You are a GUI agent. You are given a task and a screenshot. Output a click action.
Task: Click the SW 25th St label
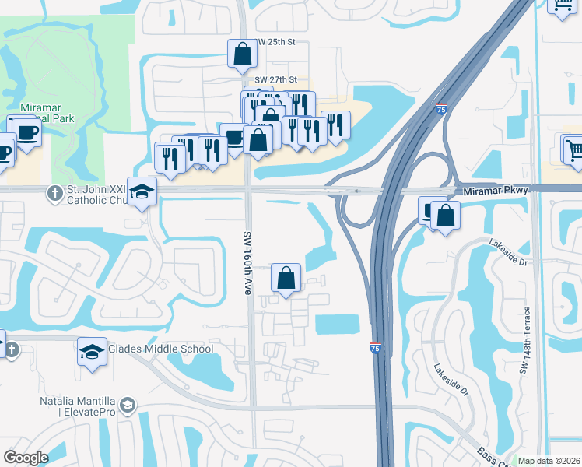pos(276,42)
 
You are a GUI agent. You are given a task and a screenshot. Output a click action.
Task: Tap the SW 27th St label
pos(276,79)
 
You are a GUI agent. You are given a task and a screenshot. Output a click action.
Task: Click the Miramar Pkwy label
pos(495,191)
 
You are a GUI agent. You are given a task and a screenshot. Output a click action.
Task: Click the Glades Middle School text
pos(161,349)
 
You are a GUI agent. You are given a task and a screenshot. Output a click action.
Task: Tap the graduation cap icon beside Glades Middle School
pos(92,352)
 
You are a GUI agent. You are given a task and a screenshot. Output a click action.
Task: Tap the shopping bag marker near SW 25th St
pos(242,54)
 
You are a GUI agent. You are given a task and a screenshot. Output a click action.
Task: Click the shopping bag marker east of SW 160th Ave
pos(286,277)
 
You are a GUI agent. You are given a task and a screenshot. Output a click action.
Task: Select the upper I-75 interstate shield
pos(442,111)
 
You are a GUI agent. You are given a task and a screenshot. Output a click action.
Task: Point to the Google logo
pos(26,458)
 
